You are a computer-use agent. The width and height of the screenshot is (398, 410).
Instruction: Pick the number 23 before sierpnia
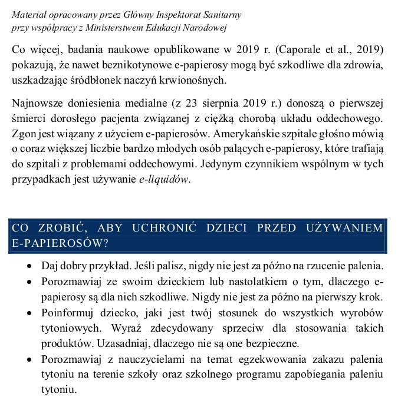(192, 104)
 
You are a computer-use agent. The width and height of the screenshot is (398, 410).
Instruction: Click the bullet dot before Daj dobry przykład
(29, 266)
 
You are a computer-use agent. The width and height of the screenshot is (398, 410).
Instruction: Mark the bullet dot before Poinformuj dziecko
(29, 312)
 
